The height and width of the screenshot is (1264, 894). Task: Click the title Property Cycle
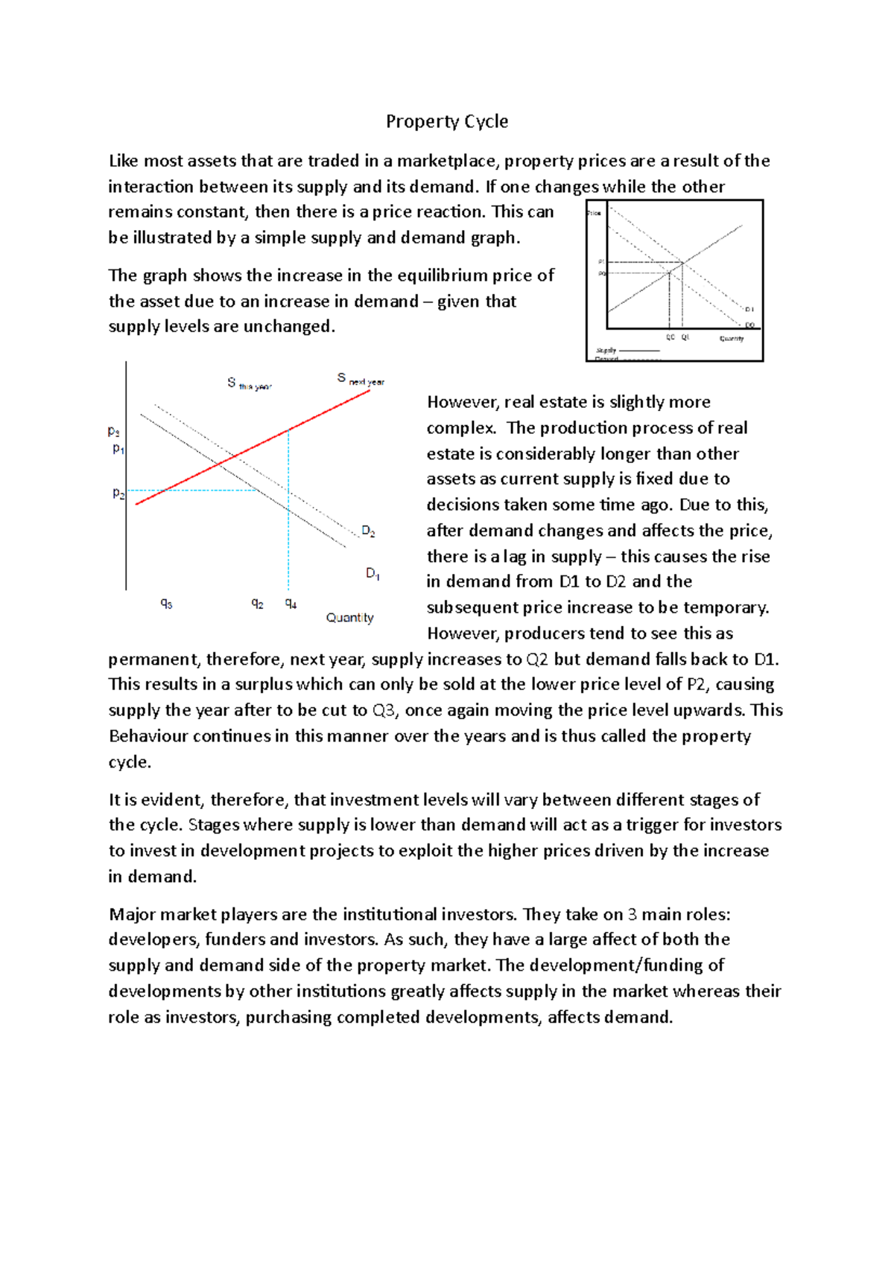pyautogui.click(x=446, y=121)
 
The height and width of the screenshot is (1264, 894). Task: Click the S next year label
pyautogui.click(x=361, y=379)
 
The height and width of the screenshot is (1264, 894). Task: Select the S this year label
pyautogui.click(x=249, y=384)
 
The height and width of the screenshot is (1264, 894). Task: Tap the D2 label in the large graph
pyautogui.click(x=368, y=531)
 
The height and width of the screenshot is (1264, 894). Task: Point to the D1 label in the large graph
pyautogui.click(x=372, y=573)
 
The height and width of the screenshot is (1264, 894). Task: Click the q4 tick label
pyautogui.click(x=291, y=604)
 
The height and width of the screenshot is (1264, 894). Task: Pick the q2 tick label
pyautogui.click(x=257, y=604)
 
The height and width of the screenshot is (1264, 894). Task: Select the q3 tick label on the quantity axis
pyautogui.click(x=166, y=604)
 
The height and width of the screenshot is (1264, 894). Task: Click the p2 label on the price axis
pyautogui.click(x=118, y=493)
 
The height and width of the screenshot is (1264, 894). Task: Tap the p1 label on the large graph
pyautogui.click(x=118, y=448)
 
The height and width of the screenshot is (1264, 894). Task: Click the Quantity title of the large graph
pyautogui.click(x=349, y=618)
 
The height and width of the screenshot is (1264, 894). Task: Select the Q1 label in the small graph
pyautogui.click(x=685, y=337)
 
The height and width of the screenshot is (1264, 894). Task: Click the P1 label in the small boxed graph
pyautogui.click(x=601, y=262)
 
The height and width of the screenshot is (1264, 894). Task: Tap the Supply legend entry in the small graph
pyautogui.click(x=606, y=350)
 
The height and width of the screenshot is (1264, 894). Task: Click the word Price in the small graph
pyautogui.click(x=594, y=213)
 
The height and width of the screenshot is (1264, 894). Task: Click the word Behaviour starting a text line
pyautogui.click(x=148, y=736)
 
